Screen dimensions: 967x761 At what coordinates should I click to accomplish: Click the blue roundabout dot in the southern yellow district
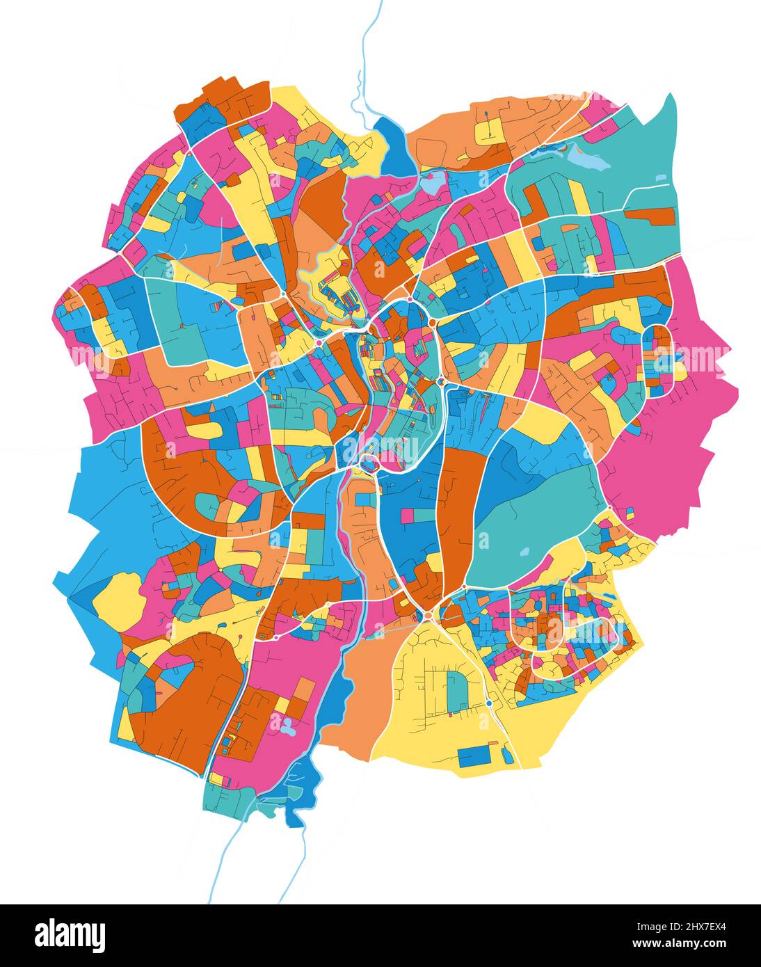coord(490,703)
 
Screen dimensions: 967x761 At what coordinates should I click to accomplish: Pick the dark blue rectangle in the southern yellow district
coord(476,756)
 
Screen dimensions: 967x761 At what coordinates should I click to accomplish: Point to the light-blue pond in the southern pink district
coord(286,727)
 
